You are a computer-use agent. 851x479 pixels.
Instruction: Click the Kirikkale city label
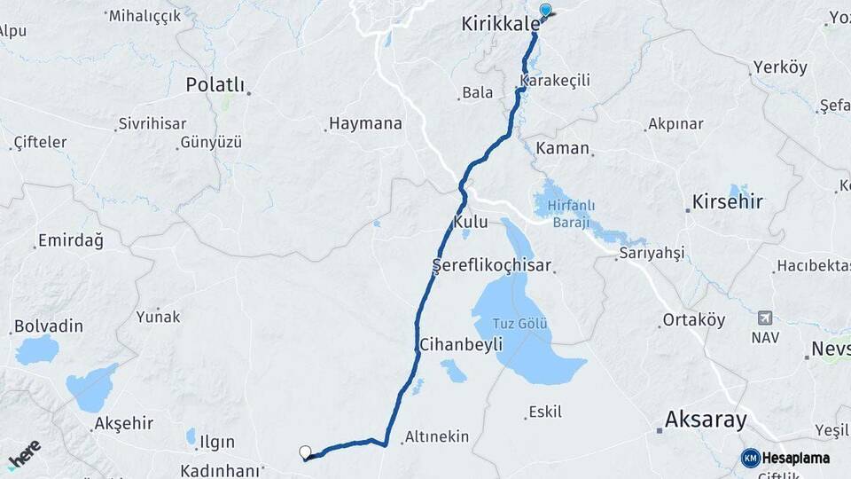click(500, 25)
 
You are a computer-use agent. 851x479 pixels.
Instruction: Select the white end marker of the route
click(306, 452)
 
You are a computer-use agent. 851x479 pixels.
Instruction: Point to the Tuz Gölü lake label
click(519, 323)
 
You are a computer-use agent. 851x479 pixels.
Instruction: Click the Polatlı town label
click(215, 84)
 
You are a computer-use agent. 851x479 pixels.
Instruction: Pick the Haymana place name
click(365, 124)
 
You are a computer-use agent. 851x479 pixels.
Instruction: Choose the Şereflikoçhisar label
click(492, 265)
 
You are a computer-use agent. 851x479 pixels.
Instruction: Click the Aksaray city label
click(706, 420)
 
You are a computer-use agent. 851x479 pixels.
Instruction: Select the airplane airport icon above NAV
click(764, 318)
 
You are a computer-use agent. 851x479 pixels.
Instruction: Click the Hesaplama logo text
click(795, 457)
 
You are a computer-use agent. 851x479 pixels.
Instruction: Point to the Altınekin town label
click(438, 437)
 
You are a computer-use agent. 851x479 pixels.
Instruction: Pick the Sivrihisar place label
click(152, 124)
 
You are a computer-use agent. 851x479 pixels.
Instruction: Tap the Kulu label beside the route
click(471, 222)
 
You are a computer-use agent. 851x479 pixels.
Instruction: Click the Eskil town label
click(544, 412)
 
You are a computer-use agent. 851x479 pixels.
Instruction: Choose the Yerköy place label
click(780, 68)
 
